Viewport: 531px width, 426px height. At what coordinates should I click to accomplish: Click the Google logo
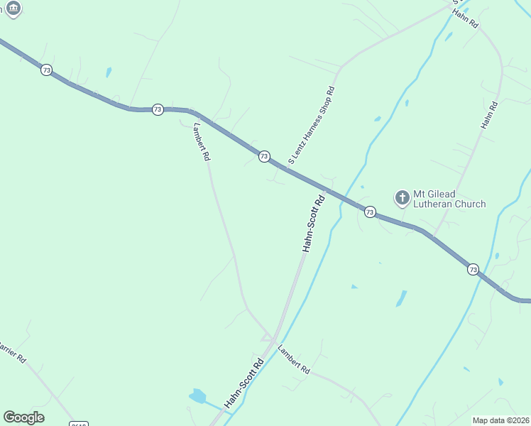[23, 417]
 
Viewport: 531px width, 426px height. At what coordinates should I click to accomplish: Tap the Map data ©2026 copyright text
[500, 420]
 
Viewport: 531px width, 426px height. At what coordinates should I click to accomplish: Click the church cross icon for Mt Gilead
[402, 197]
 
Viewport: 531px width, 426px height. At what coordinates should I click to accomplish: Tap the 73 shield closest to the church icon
[370, 212]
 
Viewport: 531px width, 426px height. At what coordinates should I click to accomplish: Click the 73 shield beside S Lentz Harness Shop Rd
[264, 156]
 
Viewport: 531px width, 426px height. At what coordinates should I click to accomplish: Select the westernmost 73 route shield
[46, 70]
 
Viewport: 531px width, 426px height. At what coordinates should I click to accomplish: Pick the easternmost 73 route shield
[473, 269]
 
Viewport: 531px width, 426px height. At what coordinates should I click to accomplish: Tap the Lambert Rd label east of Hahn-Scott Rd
[294, 360]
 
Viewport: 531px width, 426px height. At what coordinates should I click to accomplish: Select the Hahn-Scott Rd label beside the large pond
[244, 383]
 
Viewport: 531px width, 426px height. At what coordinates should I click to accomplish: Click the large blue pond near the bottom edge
[197, 396]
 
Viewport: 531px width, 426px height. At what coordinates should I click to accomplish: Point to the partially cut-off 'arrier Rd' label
[12, 352]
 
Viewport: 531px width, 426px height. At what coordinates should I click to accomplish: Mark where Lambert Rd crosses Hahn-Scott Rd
[273, 340]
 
